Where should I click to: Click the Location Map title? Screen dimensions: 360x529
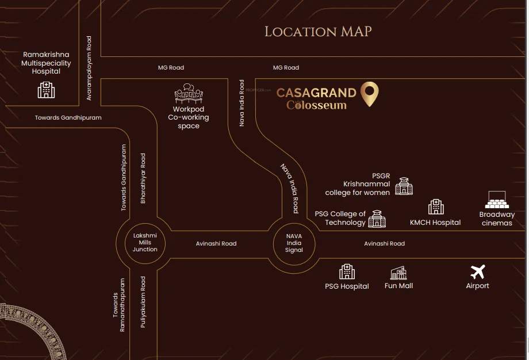(x=318, y=32)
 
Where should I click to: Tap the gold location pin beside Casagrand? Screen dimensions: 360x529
(x=370, y=94)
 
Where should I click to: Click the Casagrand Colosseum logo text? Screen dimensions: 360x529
(x=317, y=98)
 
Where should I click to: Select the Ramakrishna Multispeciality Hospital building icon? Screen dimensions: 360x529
(x=46, y=90)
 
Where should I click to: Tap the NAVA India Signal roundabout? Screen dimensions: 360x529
(x=294, y=243)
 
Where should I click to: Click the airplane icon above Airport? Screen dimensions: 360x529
(x=477, y=272)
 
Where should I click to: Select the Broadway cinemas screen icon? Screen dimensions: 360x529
(x=497, y=200)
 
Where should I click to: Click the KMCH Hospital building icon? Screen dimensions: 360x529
(x=435, y=207)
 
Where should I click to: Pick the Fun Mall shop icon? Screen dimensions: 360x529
(x=398, y=273)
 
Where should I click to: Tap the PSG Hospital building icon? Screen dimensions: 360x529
(x=347, y=271)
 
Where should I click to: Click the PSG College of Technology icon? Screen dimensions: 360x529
(x=377, y=219)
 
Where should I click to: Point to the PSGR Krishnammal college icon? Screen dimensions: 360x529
(x=404, y=185)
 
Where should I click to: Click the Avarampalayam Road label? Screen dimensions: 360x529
(x=89, y=68)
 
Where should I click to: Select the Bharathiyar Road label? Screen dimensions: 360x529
(x=143, y=178)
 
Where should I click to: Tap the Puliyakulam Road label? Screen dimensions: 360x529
(x=143, y=302)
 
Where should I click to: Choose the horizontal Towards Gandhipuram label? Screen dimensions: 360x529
(x=68, y=117)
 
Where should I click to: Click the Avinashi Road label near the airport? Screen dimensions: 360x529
(x=384, y=243)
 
